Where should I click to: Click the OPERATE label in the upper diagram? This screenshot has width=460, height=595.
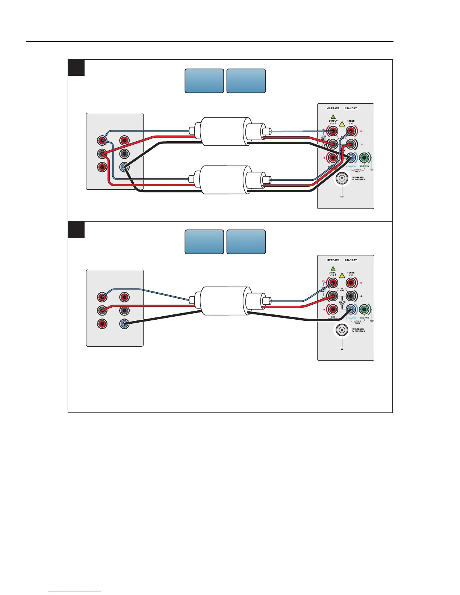(x=333, y=109)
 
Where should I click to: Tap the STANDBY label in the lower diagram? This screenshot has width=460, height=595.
(x=351, y=260)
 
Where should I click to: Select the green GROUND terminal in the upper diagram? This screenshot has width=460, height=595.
(x=364, y=157)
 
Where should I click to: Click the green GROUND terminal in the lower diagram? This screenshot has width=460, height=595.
(x=364, y=309)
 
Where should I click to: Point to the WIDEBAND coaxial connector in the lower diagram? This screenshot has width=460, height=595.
(x=342, y=331)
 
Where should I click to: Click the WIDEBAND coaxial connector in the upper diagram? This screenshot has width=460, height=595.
(x=342, y=179)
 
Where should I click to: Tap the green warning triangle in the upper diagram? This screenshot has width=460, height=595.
(x=333, y=117)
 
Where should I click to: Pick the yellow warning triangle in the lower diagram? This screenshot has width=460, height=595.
(x=342, y=275)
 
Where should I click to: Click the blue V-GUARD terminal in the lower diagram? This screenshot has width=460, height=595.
(x=351, y=309)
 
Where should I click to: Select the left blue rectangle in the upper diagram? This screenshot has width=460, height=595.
(x=204, y=81)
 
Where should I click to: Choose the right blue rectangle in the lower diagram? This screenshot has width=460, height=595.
(x=246, y=242)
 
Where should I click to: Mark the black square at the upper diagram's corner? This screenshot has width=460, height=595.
(x=76, y=68)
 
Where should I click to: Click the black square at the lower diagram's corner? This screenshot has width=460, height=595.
(x=76, y=230)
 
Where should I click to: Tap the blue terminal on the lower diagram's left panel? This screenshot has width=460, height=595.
(x=124, y=324)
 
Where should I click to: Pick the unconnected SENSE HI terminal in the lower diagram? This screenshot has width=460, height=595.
(x=351, y=283)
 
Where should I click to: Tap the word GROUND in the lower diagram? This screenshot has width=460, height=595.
(x=364, y=318)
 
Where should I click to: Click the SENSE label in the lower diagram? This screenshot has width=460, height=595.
(x=351, y=273)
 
